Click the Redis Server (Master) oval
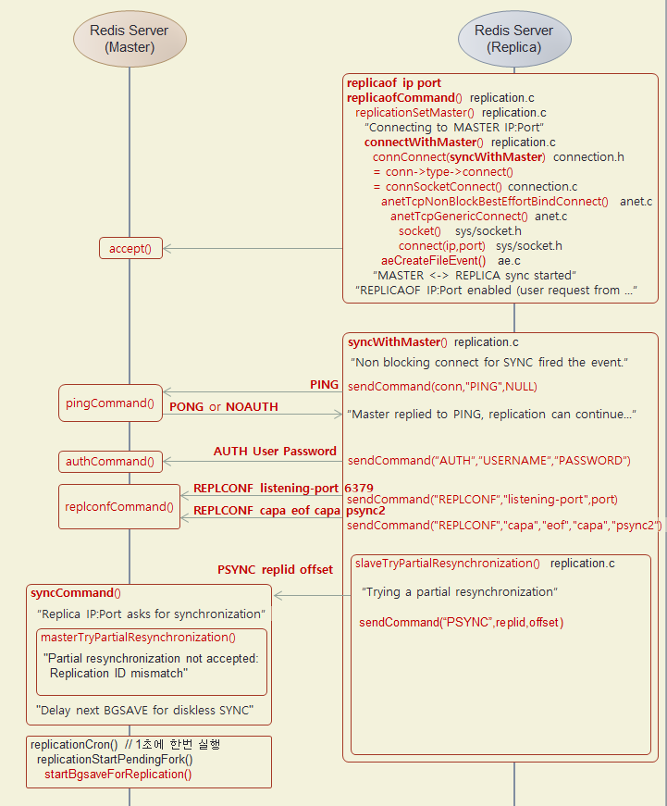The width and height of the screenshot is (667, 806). click(130, 38)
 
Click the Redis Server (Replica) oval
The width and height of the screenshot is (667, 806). click(513, 38)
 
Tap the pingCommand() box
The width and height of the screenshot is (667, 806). click(110, 403)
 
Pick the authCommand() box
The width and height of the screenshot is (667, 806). click(110, 461)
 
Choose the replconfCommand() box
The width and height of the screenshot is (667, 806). click(119, 506)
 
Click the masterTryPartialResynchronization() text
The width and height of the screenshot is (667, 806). click(138, 637)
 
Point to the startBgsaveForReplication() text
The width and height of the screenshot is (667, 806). click(117, 774)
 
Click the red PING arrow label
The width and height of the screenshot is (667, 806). click(324, 384)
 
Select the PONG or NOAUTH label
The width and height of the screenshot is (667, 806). click(223, 406)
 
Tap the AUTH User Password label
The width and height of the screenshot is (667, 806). click(275, 452)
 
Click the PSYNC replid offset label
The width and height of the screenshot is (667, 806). click(275, 569)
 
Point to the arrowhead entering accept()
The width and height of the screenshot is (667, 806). click(168, 248)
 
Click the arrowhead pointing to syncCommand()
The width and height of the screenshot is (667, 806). click(279, 597)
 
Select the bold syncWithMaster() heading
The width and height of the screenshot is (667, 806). click(397, 341)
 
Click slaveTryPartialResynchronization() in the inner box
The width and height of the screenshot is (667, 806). click(447, 563)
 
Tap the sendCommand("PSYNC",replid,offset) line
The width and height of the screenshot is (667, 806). click(461, 622)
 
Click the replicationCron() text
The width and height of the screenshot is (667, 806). click(74, 744)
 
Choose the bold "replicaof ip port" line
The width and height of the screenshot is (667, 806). click(393, 82)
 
